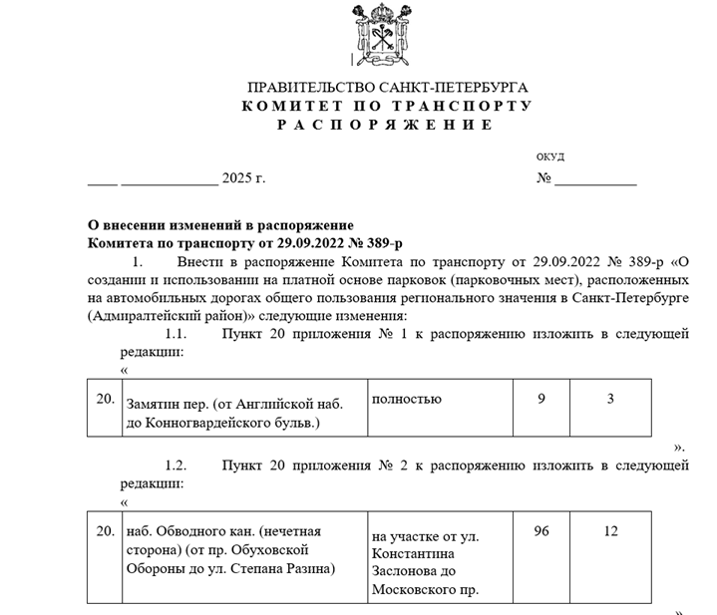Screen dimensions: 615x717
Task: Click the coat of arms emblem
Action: tap(386, 35)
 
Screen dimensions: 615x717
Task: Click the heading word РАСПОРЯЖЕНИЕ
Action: tap(385, 125)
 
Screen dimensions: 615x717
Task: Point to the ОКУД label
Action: tap(549, 156)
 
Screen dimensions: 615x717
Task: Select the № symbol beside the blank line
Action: tap(543, 179)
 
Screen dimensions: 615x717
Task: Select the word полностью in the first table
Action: tap(406, 399)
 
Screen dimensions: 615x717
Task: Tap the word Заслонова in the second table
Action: tap(406, 571)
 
